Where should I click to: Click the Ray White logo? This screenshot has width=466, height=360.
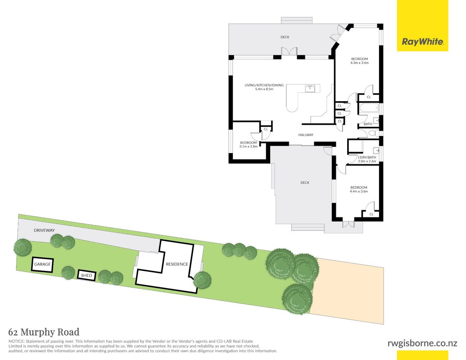[x=422, y=26]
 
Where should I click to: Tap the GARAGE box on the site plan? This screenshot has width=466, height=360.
[x=42, y=264]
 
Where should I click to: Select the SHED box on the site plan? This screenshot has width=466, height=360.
[x=87, y=275]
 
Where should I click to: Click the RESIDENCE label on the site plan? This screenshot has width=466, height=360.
[x=177, y=264]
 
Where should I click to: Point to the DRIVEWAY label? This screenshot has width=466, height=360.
[x=44, y=230]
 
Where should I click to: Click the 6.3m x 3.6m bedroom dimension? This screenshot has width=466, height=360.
[x=360, y=63]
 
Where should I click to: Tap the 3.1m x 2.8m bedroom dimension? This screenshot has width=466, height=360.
[x=249, y=146]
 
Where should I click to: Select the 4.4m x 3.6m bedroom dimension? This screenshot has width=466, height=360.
[x=359, y=192]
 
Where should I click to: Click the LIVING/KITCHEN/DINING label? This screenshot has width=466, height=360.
[x=264, y=85]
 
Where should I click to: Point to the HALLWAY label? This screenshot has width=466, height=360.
[x=306, y=135]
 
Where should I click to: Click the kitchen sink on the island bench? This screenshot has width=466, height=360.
[x=310, y=89]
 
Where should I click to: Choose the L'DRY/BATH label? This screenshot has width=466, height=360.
[x=367, y=157]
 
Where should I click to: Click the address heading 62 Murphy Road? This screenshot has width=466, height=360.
[x=44, y=332]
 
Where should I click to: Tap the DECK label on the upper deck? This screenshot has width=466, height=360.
[x=285, y=37]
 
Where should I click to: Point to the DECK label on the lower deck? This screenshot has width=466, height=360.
[x=305, y=183]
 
